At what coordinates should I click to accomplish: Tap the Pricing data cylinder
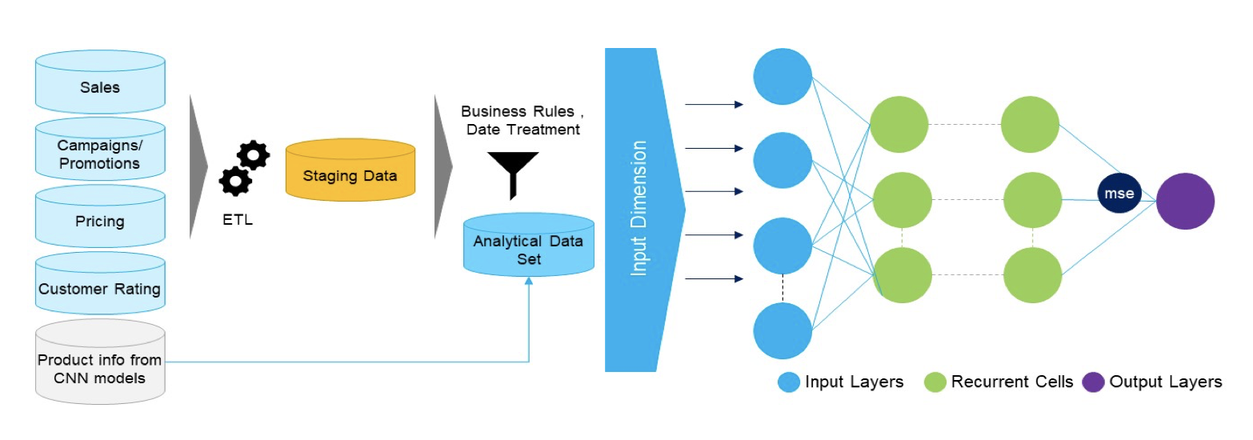[100, 220]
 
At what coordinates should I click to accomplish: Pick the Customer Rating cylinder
[100, 289]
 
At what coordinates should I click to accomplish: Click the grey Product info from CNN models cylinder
[100, 367]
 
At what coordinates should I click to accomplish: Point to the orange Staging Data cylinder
[350, 175]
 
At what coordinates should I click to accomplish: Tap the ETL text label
[238, 220]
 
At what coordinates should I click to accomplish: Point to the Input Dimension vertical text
[638, 209]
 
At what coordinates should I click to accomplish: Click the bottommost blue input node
[783, 330]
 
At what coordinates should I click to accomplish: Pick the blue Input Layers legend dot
[789, 382]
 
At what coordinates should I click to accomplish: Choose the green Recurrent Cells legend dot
[935, 382]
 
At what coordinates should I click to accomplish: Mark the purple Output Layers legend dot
[1093, 382]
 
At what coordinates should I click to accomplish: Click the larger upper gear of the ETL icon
[254, 154]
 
